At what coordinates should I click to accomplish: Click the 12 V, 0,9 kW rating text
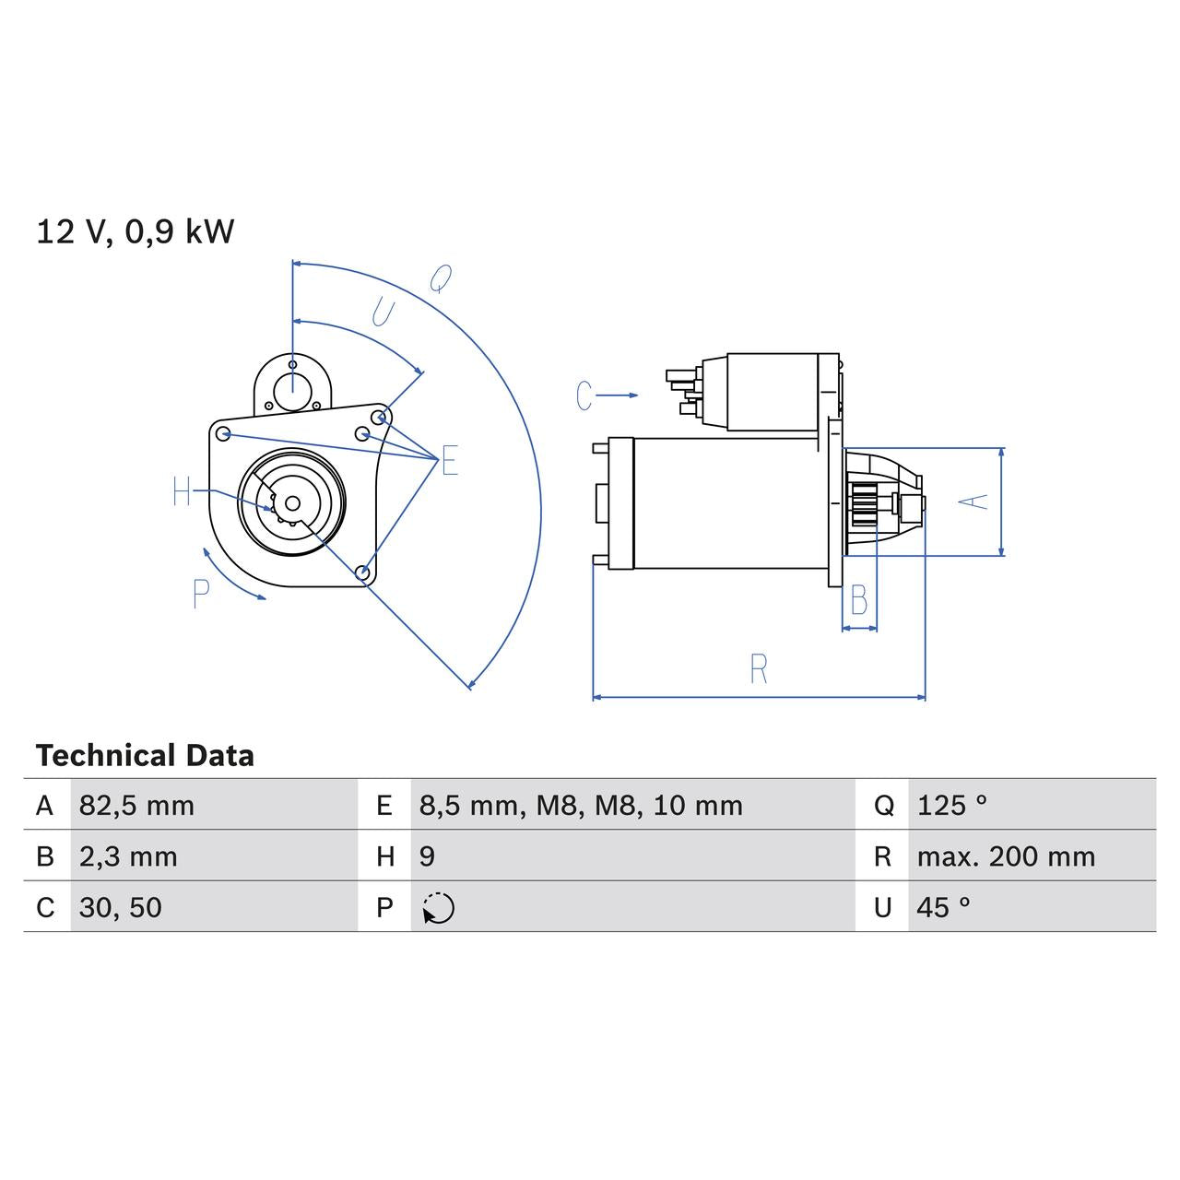136,231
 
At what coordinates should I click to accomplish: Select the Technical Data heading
145,756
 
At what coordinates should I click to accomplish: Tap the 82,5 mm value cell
136,806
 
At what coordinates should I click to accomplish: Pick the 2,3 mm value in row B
128,856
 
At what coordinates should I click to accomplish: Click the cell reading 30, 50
121,907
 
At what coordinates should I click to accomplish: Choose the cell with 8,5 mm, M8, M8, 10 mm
581,806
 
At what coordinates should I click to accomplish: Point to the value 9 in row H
427,856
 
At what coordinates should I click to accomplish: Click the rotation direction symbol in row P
439,908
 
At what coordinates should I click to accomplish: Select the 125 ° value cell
951,806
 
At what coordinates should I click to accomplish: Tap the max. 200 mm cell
1006,856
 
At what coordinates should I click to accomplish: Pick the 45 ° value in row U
943,907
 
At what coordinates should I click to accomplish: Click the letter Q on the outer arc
442,278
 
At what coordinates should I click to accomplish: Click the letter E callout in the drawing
449,460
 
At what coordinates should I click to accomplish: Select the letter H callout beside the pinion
182,492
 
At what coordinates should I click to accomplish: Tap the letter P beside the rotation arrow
202,594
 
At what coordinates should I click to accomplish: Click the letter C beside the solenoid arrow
584,395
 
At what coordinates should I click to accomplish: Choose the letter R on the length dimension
758,669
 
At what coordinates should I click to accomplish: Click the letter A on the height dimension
973,501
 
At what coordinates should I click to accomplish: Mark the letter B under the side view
858,601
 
